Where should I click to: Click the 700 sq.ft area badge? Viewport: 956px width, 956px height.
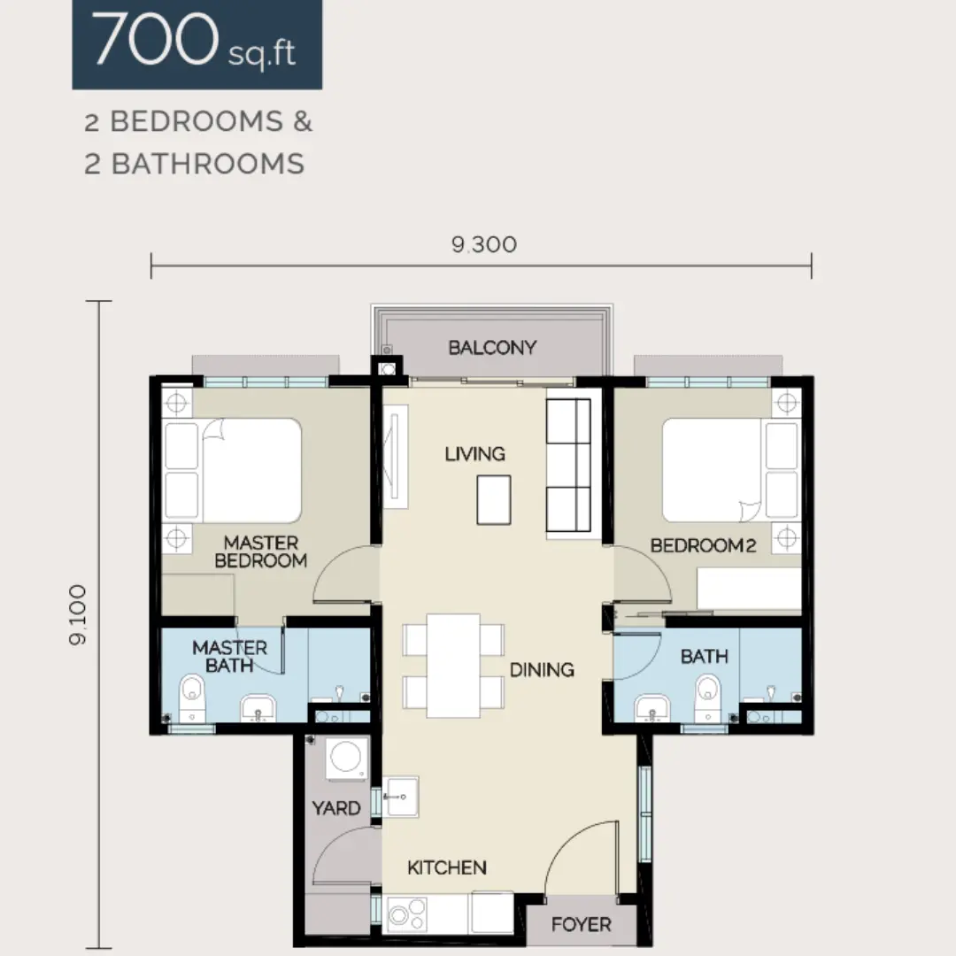(197, 44)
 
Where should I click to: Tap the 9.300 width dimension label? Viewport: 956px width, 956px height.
(484, 244)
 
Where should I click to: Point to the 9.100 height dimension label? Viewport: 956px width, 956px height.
(78, 614)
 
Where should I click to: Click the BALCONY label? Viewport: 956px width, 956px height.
(492, 348)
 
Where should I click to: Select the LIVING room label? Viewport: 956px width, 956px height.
(475, 453)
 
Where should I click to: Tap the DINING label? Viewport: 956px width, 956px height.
(542, 669)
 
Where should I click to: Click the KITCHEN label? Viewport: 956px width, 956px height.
(447, 867)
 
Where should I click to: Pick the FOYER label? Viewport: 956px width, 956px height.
(581, 924)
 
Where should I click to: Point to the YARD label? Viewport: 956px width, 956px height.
(336, 808)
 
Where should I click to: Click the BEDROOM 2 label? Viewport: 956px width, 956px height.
(703, 545)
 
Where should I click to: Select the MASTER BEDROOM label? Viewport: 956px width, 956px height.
(261, 551)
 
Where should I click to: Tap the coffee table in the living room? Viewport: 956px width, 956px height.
(494, 500)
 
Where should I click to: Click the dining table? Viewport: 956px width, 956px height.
(453, 666)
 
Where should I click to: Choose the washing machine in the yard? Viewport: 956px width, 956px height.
(346, 759)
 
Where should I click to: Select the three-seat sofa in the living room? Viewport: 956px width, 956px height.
(568, 466)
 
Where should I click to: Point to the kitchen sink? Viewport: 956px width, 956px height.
(401, 797)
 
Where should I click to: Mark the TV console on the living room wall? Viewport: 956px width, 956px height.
(395, 456)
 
